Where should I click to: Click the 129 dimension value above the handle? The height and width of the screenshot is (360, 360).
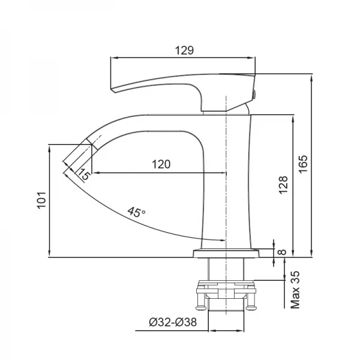[184, 51]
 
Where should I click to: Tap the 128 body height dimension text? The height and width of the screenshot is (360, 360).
[283, 186]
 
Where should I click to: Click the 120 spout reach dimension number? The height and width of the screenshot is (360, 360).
[160, 164]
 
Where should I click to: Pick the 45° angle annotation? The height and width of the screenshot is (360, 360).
[136, 212]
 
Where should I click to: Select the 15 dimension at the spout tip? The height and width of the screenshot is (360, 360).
[83, 175]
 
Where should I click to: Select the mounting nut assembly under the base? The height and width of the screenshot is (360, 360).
[227, 294]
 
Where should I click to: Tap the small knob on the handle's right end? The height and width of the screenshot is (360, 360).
[255, 93]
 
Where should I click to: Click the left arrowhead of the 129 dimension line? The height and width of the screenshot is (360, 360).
[113, 58]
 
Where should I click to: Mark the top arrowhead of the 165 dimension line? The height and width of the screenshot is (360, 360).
[311, 77]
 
